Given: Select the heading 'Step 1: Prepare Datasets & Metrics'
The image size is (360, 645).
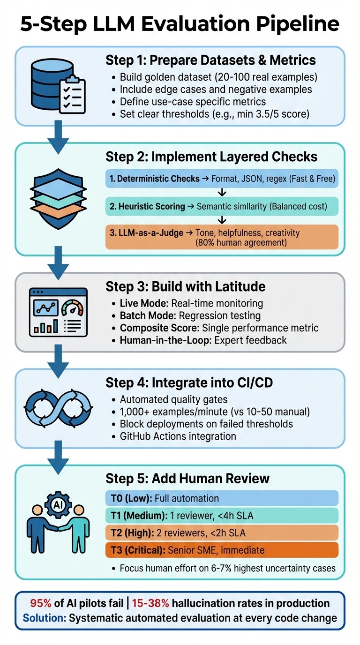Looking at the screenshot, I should [x=210, y=60].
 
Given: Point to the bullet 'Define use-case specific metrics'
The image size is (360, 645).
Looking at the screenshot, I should [x=193, y=101].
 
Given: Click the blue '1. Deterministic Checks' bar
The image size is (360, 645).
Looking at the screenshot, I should [x=221, y=179].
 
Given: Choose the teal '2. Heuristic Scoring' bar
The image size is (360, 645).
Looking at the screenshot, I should [x=221, y=206].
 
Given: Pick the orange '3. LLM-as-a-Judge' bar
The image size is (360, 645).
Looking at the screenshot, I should [x=221, y=237].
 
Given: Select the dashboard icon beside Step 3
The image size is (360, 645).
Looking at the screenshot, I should [x=58, y=312].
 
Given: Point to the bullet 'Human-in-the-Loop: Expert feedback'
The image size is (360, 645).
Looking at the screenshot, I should [x=203, y=340].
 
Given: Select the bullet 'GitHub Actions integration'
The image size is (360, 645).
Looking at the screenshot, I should [x=178, y=436].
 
